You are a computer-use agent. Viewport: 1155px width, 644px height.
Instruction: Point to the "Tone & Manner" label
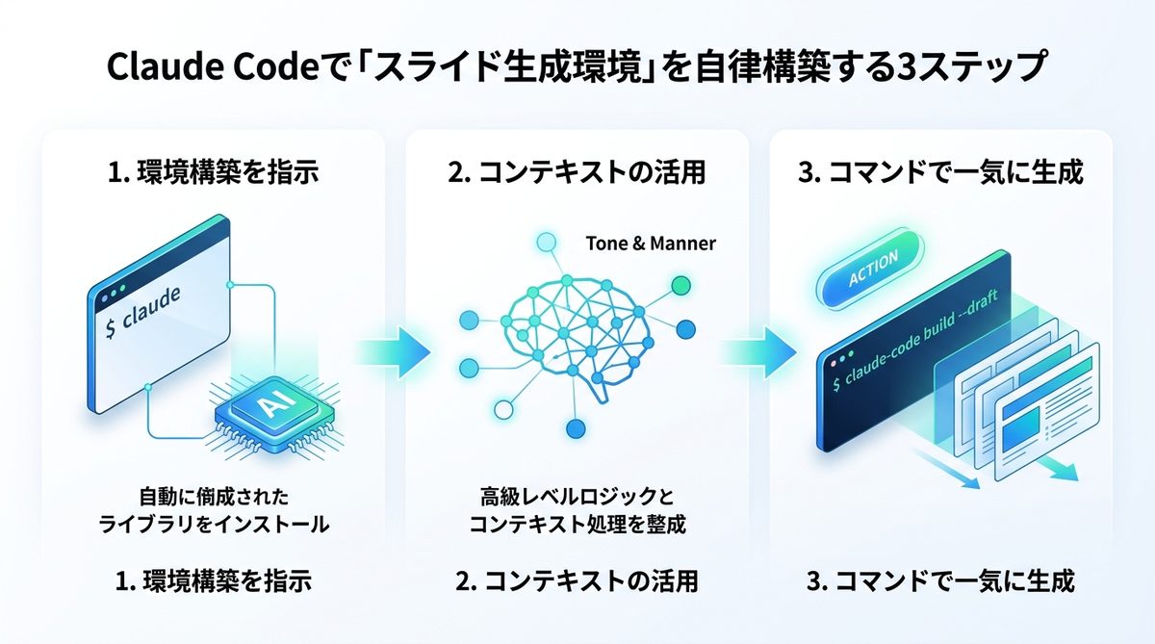pos(651,244)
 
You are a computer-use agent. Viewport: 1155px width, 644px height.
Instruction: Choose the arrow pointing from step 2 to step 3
pos(761,348)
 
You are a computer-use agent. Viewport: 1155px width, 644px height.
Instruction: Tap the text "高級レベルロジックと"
pos(577,498)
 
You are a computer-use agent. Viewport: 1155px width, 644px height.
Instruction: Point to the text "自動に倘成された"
pos(214,498)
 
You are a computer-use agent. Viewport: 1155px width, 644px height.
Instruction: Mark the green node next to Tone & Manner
pos(680,284)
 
